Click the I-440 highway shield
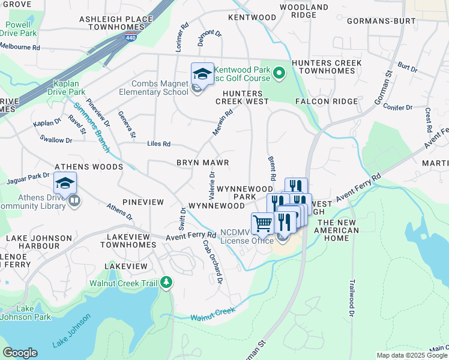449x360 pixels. (x=130, y=38)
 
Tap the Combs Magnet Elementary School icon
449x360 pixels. (x=202, y=74)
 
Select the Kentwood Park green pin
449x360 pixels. (x=279, y=74)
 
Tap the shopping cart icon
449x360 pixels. (x=262, y=224)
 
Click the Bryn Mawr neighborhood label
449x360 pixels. (x=202, y=163)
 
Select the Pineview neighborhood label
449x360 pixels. (x=142, y=202)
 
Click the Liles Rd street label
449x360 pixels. (x=159, y=144)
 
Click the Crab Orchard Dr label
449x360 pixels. (x=212, y=262)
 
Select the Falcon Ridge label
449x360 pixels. (x=327, y=101)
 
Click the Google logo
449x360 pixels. (x=20, y=353)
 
